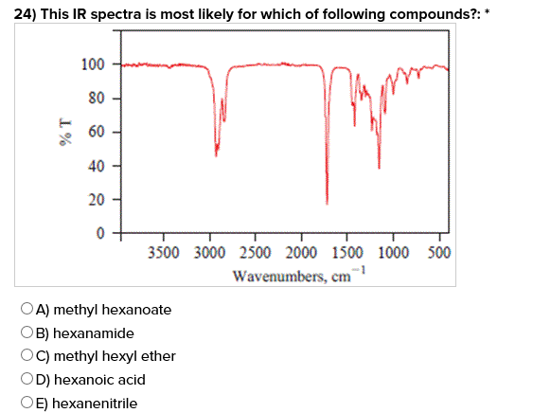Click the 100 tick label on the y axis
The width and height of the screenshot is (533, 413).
click(x=93, y=64)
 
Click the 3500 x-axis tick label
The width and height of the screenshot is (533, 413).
click(x=166, y=253)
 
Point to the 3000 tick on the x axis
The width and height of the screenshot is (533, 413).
click(x=211, y=253)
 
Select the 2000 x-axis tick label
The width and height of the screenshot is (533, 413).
click(x=301, y=253)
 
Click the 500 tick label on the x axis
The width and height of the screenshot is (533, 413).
click(x=439, y=253)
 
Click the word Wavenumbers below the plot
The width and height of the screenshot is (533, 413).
click(x=275, y=277)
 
